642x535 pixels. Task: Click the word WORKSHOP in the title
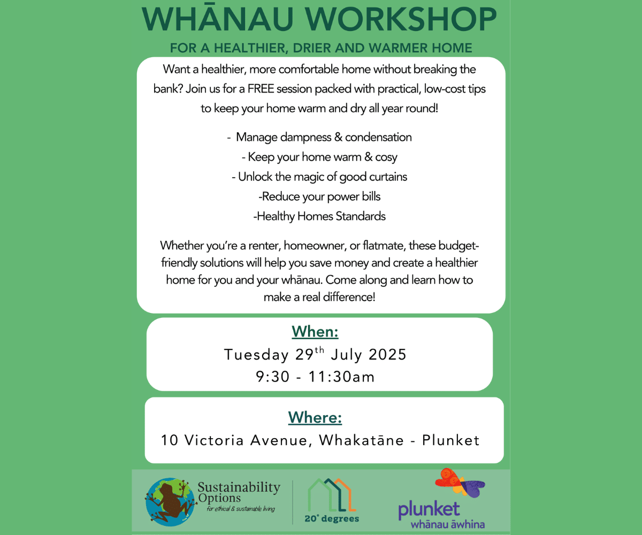coord(401,19)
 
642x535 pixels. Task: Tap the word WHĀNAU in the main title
coord(218,18)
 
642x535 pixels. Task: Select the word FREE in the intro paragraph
coord(261,89)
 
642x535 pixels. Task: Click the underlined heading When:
coord(315,332)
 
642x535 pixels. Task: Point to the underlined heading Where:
coord(315,417)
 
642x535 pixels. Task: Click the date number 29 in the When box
coord(304,355)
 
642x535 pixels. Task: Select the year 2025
coord(387,355)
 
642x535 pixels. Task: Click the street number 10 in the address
coord(170,440)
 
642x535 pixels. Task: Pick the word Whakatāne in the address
coord(361,440)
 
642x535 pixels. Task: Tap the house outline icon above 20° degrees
coord(332,495)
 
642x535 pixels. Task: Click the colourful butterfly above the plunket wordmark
coord(460,483)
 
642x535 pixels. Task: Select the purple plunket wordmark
coord(429,510)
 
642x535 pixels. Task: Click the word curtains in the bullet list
coord(388,177)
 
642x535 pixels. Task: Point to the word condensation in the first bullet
coord(378,137)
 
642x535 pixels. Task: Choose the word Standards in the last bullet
coord(361,217)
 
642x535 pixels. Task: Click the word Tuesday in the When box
coord(256,355)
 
